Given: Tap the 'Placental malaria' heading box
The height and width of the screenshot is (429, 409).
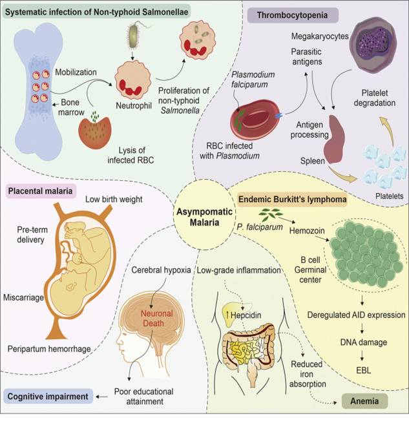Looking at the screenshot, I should pyautogui.click(x=41, y=190).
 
